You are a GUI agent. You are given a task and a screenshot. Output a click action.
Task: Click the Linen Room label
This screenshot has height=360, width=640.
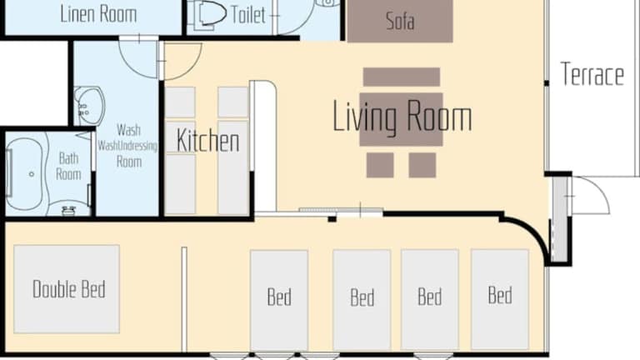(98, 14)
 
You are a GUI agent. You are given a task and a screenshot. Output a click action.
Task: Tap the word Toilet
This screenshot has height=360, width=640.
(248, 15)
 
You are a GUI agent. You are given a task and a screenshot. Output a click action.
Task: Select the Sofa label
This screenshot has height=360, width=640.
(400, 21)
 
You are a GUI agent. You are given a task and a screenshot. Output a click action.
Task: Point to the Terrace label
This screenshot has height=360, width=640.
(592, 74)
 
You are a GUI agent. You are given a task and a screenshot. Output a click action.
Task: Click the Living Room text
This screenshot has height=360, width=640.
(402, 117)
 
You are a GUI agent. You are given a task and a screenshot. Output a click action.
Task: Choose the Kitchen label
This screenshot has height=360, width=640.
(207, 141)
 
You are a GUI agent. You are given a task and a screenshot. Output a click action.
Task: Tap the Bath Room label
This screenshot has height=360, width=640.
(68, 166)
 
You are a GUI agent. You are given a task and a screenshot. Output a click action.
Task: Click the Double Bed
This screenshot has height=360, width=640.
(67, 289)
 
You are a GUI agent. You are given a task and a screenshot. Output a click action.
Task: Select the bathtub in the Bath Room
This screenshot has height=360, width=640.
(24, 174)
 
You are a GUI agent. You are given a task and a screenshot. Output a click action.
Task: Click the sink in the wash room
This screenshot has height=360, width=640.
(90, 106)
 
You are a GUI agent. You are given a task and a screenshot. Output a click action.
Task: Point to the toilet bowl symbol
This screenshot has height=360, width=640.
(211, 14)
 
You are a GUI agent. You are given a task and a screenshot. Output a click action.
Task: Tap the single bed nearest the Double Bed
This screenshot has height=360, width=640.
(279, 300)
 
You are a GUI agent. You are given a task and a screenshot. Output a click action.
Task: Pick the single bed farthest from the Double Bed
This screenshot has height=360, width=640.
(500, 299)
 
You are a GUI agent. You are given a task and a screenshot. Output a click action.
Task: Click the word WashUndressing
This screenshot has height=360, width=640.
(127, 146)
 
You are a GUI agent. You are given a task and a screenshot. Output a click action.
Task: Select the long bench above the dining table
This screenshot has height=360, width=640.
(402, 77)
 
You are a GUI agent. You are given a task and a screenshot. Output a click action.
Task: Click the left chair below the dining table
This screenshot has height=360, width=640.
(380, 165)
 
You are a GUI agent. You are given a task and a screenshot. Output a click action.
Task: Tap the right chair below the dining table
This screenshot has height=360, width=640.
(422, 165)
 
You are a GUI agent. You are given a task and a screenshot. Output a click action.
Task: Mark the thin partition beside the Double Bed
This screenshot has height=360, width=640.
(184, 299)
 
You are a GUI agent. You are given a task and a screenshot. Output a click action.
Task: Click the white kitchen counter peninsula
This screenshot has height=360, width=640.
(265, 146)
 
